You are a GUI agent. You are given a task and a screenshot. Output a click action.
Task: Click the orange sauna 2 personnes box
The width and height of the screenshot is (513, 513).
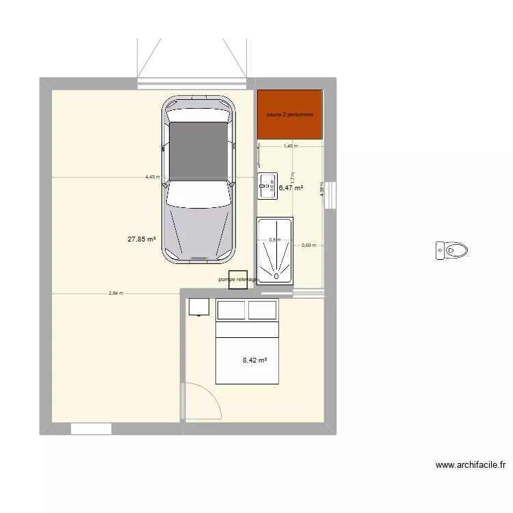(289, 114)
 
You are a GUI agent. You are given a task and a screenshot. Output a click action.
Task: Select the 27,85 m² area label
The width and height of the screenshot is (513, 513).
(142, 239)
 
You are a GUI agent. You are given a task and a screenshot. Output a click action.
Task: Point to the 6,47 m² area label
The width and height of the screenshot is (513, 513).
(290, 187)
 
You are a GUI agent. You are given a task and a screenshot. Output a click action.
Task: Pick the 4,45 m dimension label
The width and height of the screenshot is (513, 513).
(152, 176)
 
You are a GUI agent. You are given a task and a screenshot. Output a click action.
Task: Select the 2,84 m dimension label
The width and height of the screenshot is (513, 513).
(116, 293)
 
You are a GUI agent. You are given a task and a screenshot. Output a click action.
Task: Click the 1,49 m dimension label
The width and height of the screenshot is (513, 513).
(290, 146)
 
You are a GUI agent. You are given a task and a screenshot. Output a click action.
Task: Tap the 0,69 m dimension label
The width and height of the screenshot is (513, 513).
(308, 245)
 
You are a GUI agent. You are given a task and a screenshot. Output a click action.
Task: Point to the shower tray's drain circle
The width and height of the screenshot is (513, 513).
(276, 277)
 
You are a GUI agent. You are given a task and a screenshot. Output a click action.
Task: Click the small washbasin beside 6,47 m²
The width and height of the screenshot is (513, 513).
(267, 185)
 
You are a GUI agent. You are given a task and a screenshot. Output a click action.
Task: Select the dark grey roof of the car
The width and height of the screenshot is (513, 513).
(198, 150)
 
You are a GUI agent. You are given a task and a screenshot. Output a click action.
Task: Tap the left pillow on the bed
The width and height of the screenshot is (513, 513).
(231, 310)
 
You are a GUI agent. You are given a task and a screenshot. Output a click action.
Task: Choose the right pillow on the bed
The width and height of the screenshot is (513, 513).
(262, 310)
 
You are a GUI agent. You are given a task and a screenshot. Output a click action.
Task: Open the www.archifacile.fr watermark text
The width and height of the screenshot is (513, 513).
(471, 466)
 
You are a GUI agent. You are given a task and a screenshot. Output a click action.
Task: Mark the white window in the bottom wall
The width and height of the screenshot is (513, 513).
(91, 428)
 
